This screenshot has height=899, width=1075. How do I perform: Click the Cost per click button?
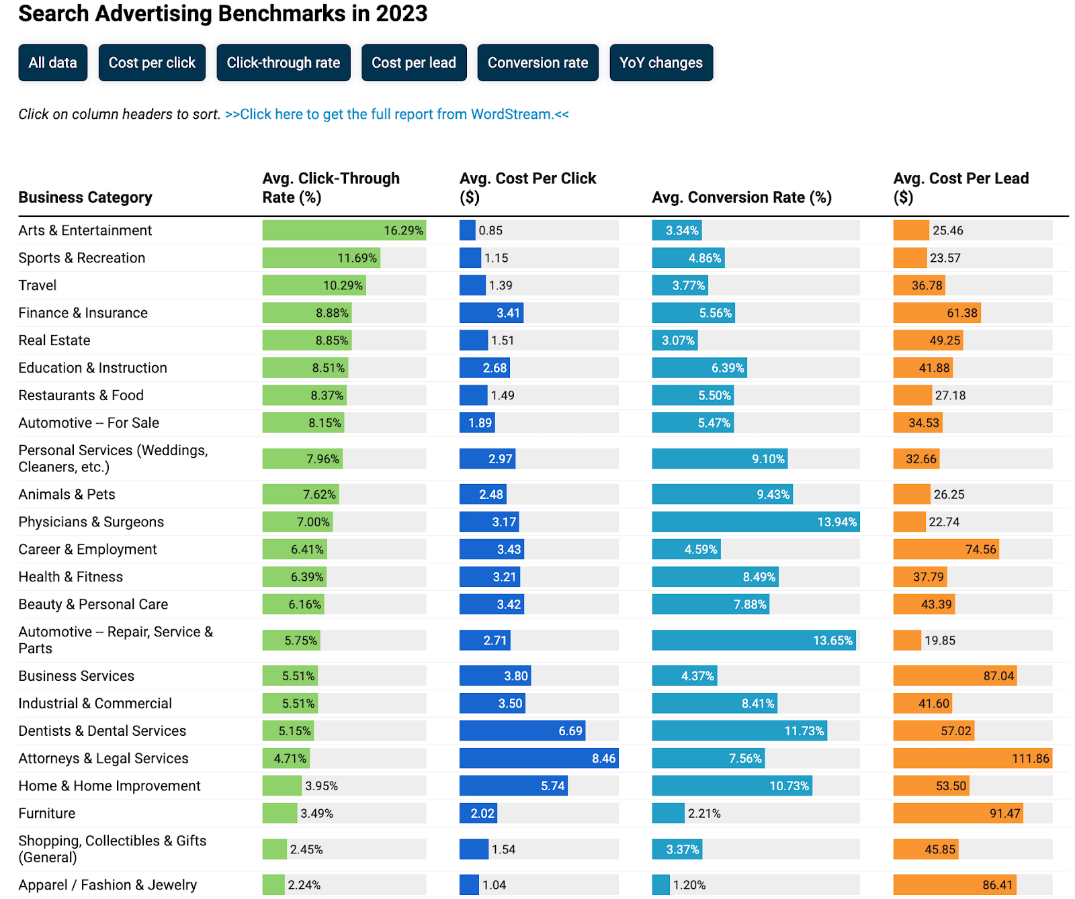click(152, 63)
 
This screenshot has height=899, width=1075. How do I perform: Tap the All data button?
click(52, 63)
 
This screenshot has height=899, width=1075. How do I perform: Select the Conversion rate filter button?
click(537, 63)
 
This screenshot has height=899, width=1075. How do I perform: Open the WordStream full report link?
click(396, 114)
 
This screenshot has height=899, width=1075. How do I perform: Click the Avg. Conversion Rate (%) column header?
click(742, 197)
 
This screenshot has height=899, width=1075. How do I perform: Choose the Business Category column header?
click(85, 197)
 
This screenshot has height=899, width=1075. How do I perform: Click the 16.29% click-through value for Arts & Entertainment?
click(403, 230)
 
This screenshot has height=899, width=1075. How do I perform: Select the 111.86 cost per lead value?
click(1030, 759)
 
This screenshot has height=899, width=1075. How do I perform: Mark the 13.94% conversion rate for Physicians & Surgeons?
click(836, 522)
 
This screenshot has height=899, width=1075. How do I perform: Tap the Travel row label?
click(38, 285)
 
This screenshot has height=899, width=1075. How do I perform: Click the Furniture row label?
click(47, 813)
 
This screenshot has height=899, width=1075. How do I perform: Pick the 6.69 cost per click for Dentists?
click(570, 731)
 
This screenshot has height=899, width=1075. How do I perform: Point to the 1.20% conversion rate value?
click(689, 885)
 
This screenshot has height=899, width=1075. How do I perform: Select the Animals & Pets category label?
click(67, 494)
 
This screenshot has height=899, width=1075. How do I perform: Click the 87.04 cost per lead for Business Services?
click(998, 676)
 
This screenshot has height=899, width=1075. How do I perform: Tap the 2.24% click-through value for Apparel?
click(304, 885)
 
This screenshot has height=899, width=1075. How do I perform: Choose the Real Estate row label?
click(54, 340)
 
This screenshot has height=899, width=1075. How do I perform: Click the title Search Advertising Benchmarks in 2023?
click(222, 13)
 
